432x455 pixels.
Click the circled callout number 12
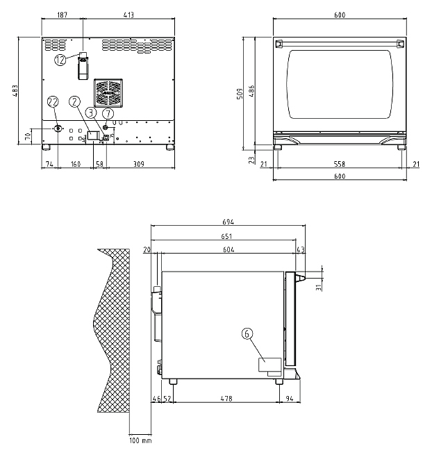60,60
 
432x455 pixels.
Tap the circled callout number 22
53,101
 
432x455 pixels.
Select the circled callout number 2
74,101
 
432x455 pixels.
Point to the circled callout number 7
108,113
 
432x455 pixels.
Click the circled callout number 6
247,333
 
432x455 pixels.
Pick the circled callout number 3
92,113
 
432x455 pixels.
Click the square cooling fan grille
108,92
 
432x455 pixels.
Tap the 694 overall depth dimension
229,222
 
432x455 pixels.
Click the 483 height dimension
15,90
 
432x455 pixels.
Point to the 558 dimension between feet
340,164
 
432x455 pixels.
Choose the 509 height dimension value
240,94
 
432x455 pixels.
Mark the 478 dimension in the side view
226,399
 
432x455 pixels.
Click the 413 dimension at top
128,15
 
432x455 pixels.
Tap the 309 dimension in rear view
139,164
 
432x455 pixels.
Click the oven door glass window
340,84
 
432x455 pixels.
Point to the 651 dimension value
226,236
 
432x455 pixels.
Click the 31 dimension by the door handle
319,287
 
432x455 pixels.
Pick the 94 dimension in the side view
290,399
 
